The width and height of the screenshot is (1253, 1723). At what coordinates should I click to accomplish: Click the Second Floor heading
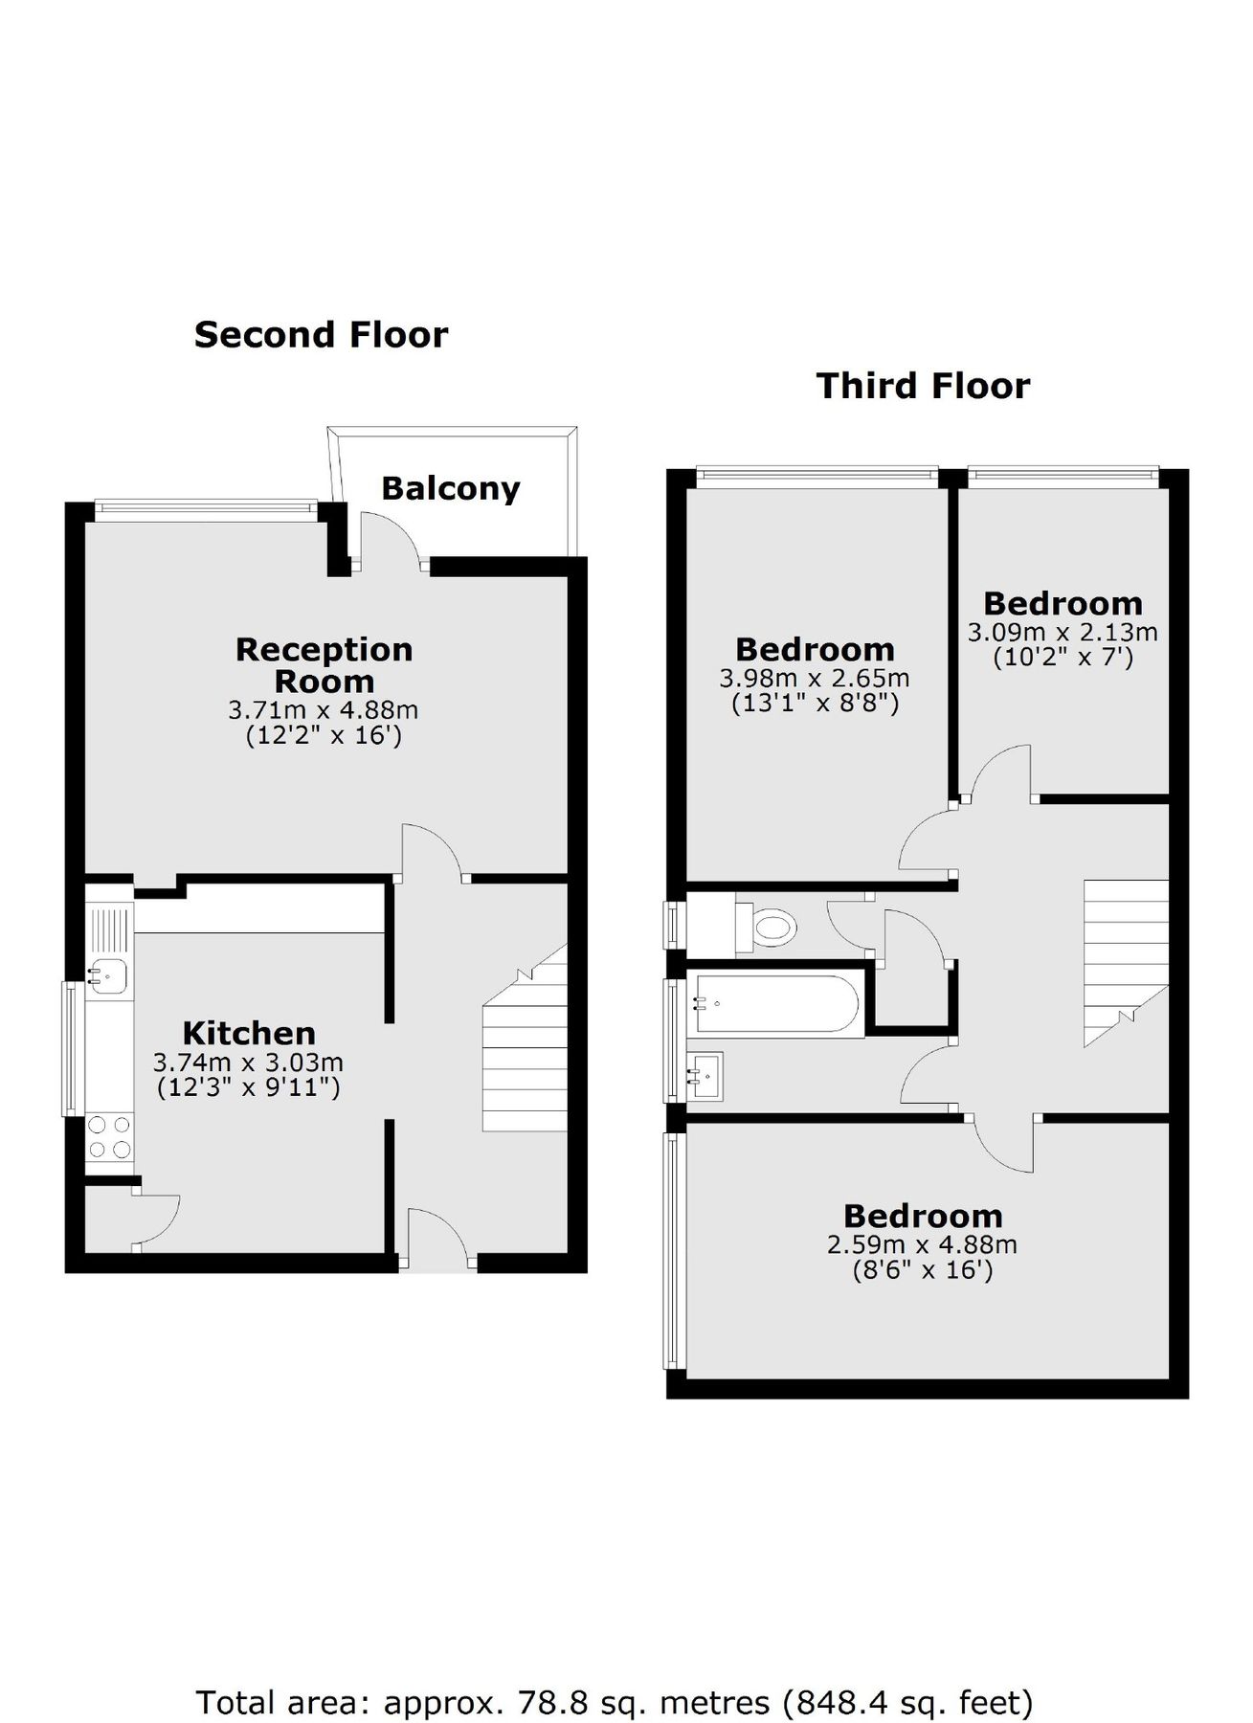point(321,335)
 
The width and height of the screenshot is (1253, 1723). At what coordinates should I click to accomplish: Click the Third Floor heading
point(923,386)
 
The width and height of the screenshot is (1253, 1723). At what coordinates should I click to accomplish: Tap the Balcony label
point(450,488)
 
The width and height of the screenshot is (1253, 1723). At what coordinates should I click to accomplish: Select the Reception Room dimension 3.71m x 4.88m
point(323,710)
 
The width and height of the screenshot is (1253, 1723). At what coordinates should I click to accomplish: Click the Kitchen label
point(249,1033)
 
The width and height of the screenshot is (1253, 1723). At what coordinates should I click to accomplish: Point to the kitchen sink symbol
point(108,975)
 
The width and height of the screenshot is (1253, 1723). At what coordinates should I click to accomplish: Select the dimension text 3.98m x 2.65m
point(814,679)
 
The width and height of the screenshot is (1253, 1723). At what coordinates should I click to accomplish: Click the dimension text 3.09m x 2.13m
point(1063,633)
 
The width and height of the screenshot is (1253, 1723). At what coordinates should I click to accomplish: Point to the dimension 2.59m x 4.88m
point(922,1244)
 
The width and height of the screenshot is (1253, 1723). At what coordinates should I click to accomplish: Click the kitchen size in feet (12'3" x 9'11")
point(248,1087)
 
